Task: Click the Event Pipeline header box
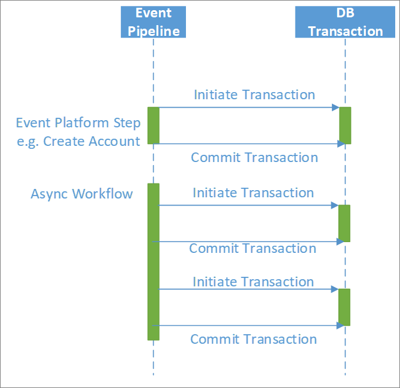click(153, 22)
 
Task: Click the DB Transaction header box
click(345, 22)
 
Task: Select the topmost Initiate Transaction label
click(254, 94)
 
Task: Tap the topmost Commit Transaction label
click(254, 157)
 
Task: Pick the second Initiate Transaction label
click(253, 193)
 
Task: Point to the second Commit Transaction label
click(252, 248)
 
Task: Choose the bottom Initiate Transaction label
click(253, 282)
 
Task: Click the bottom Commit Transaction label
click(253, 339)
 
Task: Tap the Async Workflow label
click(81, 194)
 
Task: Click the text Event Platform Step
click(78, 123)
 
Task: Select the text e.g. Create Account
click(78, 141)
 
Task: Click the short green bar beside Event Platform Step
click(154, 126)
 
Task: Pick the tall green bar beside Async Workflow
click(154, 261)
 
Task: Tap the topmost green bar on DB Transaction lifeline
click(345, 126)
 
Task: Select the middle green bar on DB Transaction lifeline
click(344, 223)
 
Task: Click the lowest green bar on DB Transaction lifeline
click(344, 307)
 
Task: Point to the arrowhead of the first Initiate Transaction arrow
click(336, 108)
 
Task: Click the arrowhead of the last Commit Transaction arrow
click(341, 326)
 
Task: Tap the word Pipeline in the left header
click(154, 31)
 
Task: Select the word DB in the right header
click(346, 13)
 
